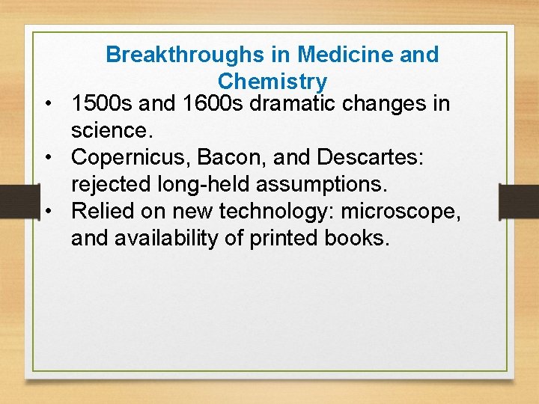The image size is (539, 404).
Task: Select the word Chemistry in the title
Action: tap(272, 81)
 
